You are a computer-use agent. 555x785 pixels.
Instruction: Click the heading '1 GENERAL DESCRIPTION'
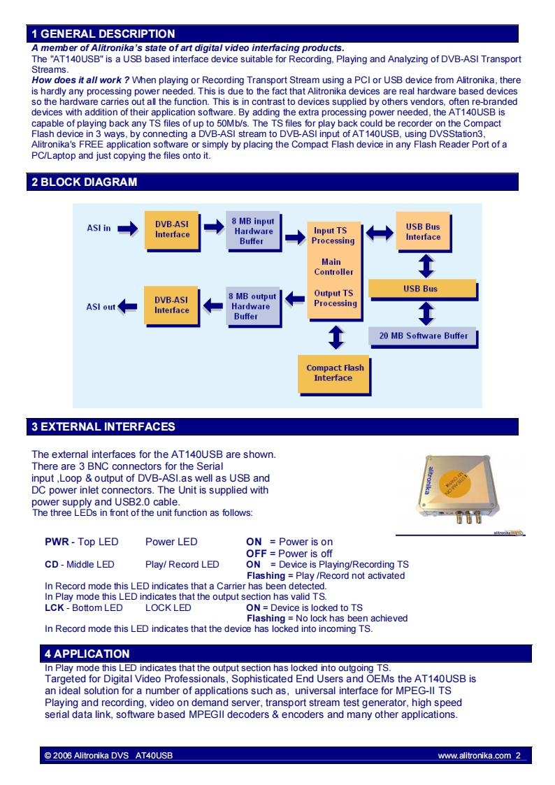click(x=103, y=34)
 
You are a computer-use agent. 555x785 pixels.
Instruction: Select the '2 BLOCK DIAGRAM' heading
click(x=84, y=182)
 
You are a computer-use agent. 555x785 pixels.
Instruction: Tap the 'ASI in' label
click(x=99, y=229)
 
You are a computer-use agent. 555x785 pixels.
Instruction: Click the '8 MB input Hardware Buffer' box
click(x=253, y=231)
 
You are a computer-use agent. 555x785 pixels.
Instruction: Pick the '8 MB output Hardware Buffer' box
click(x=252, y=306)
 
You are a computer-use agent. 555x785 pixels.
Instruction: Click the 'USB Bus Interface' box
click(x=423, y=231)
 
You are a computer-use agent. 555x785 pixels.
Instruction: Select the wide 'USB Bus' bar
click(x=422, y=289)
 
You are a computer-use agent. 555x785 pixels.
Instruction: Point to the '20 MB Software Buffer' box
click(x=423, y=336)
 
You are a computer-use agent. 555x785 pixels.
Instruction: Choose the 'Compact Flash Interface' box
click(x=334, y=373)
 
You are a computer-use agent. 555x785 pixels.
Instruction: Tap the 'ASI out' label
click(x=101, y=307)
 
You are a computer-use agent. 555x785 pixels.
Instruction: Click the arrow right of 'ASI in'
click(x=128, y=229)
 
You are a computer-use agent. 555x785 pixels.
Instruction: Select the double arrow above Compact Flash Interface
click(x=336, y=338)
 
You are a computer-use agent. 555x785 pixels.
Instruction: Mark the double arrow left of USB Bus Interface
click(x=380, y=232)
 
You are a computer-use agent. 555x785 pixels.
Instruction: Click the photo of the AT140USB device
click(x=458, y=489)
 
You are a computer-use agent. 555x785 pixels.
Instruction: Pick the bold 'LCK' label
click(x=54, y=607)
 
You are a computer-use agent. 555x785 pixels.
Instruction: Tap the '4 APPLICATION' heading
click(x=87, y=654)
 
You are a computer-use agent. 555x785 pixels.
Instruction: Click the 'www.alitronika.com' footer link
click(x=475, y=756)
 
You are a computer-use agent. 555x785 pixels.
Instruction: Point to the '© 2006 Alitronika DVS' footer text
click(x=87, y=756)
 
